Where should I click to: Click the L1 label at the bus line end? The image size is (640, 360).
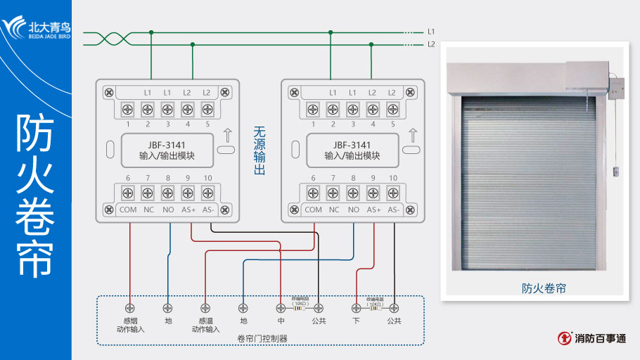[x=431, y=32]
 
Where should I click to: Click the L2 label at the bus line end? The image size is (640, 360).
[x=431, y=44]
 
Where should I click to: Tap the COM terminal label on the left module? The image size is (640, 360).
[x=128, y=210]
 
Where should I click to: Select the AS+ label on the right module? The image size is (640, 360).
[x=373, y=210]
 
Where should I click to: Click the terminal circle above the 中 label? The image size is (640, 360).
[x=281, y=307]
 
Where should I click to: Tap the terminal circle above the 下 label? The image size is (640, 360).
[x=357, y=307]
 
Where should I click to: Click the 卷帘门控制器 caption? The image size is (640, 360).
[x=262, y=339]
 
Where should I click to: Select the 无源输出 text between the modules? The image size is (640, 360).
[x=259, y=150]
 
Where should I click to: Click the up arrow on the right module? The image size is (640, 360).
[x=412, y=135]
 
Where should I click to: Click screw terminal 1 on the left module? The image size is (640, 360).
[x=128, y=109]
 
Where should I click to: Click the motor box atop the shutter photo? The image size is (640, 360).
[x=586, y=76]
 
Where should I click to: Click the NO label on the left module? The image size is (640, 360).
[x=167, y=210]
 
